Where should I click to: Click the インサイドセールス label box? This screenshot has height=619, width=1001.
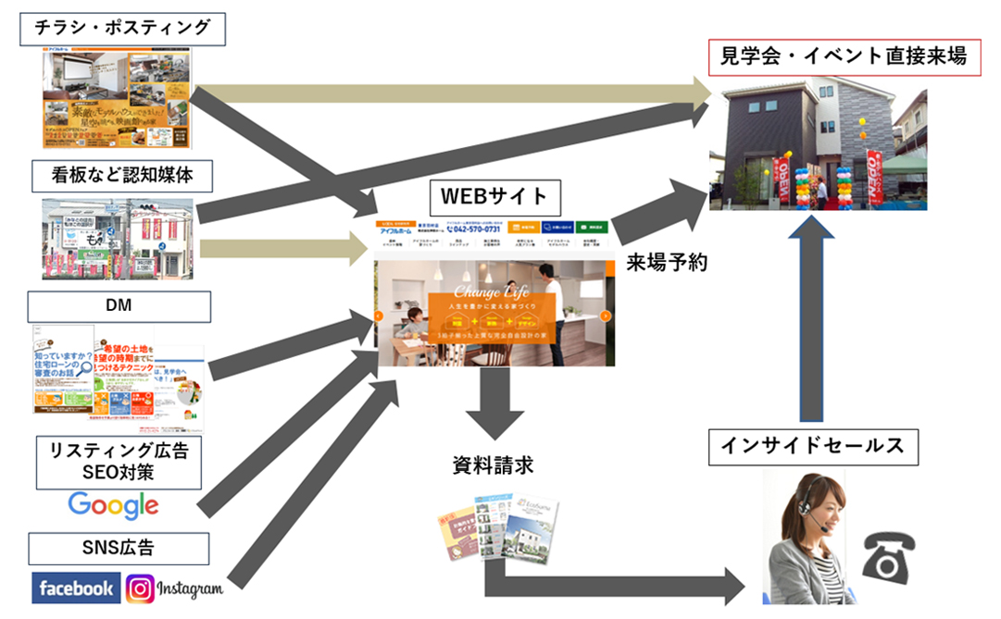pos(813,446)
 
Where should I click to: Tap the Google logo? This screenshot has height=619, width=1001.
pos(113,505)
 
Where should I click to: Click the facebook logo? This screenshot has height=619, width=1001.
pos(76,588)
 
